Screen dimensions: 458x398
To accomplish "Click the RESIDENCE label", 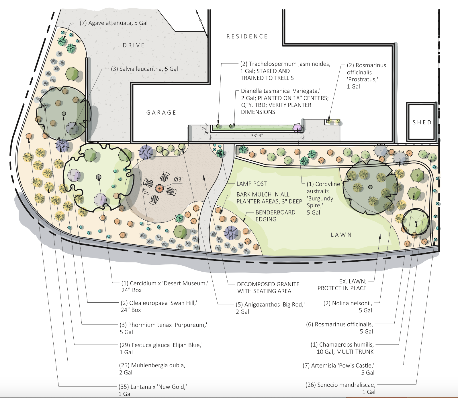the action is [x=247, y=36].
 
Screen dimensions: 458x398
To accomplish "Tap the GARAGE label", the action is [x=161, y=113].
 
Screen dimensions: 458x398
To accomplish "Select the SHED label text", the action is [x=422, y=122].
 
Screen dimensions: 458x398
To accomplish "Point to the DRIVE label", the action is [x=134, y=45].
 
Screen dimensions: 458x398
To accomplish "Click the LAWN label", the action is [x=341, y=235].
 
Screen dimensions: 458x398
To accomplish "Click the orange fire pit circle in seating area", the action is [x=159, y=188].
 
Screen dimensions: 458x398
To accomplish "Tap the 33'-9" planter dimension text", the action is [x=257, y=136].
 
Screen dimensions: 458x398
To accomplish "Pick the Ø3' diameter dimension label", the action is [x=178, y=179].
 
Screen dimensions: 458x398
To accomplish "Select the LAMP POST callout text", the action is [x=252, y=184].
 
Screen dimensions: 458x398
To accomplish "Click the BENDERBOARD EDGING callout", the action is [x=275, y=216].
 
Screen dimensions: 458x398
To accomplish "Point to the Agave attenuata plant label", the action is [x=113, y=23].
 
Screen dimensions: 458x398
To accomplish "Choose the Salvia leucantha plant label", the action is [x=144, y=69].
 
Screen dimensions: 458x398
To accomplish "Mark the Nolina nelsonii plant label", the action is [x=348, y=307].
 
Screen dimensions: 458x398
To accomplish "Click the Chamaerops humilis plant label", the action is [x=342, y=348].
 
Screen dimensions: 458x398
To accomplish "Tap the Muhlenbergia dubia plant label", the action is [x=152, y=369].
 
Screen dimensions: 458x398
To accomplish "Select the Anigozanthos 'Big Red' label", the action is [x=270, y=308].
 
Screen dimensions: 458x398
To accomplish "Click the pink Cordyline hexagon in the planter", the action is [x=298, y=128].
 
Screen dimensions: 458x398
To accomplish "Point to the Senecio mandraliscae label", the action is [x=340, y=388].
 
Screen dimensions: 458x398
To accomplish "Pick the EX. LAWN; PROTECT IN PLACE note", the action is [x=342, y=285].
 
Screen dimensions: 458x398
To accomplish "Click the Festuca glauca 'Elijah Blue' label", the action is [x=161, y=349].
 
